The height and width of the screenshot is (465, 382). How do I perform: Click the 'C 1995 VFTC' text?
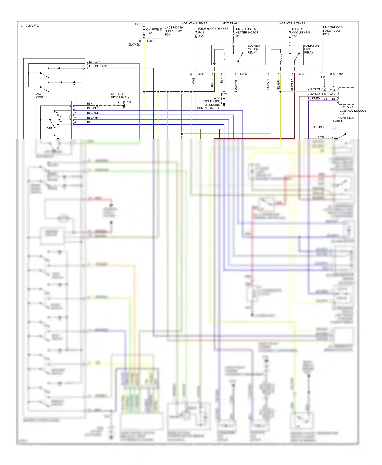click(x=30, y=26)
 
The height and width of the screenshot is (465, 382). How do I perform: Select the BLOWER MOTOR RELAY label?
click(x=254, y=49)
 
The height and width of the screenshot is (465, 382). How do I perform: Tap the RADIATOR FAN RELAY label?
click(x=311, y=49)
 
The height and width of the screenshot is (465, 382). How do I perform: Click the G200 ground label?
click(x=127, y=102)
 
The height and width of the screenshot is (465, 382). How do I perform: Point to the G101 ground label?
click(x=217, y=98)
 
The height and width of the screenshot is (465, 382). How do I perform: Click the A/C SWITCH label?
click(x=42, y=96)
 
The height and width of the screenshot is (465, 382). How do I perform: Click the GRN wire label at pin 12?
click(x=98, y=62)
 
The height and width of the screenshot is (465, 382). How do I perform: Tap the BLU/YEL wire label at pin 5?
click(x=93, y=113)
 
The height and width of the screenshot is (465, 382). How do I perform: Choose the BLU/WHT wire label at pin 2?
click(x=93, y=118)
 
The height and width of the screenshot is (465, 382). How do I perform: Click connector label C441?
click(x=150, y=41)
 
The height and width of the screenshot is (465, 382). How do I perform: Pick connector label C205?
click(x=201, y=74)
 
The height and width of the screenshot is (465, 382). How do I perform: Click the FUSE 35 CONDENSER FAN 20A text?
click(x=213, y=32)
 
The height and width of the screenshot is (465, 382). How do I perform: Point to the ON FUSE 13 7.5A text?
click(x=154, y=31)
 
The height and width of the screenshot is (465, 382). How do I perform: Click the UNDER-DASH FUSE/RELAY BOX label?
click(x=173, y=31)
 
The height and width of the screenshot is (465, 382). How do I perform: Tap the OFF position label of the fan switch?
click(x=49, y=128)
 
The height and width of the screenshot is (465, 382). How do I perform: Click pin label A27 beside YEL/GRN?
click(x=324, y=90)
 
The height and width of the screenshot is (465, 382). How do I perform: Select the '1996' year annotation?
click(x=322, y=77)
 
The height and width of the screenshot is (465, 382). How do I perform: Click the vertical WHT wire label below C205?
click(x=193, y=81)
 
